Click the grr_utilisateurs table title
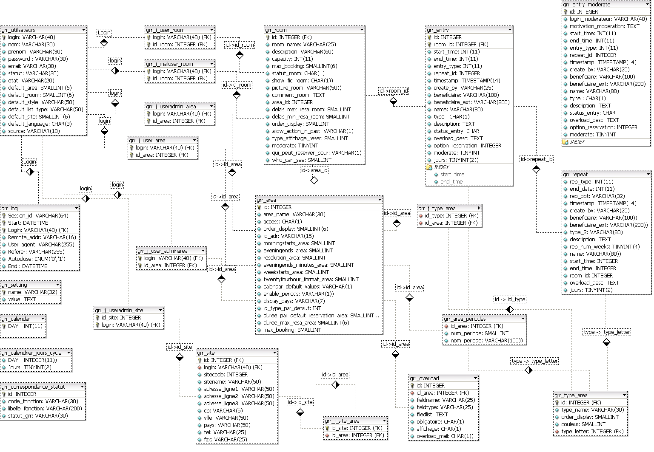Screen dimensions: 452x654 tap(19, 30)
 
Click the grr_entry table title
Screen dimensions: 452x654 tap(438, 30)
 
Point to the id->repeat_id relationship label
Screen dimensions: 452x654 tap(537, 159)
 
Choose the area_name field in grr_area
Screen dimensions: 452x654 tap(294, 215)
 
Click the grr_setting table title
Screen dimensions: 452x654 tap(14, 285)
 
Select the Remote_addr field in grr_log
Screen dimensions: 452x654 tap(42, 237)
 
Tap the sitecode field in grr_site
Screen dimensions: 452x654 tap(226, 375)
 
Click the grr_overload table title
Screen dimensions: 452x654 tap(424, 379)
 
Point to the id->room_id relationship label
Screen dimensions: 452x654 tap(394, 91)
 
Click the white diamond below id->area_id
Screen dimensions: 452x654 tap(314, 181)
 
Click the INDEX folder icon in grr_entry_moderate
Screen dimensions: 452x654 tap(565, 142)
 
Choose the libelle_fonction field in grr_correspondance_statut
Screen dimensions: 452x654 tap(45, 409)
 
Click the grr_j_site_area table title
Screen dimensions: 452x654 tap(342, 421)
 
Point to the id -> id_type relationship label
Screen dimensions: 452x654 tap(510, 299)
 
